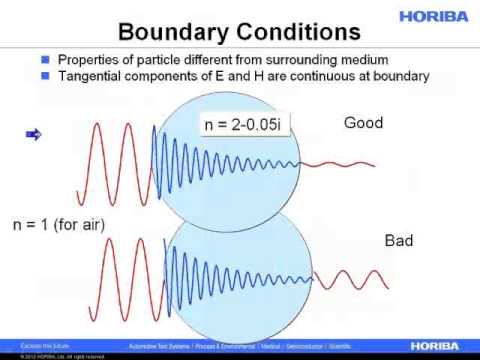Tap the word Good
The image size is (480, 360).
click(364, 123)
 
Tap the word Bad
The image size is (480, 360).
click(399, 241)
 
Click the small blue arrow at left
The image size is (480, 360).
click(31, 134)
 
